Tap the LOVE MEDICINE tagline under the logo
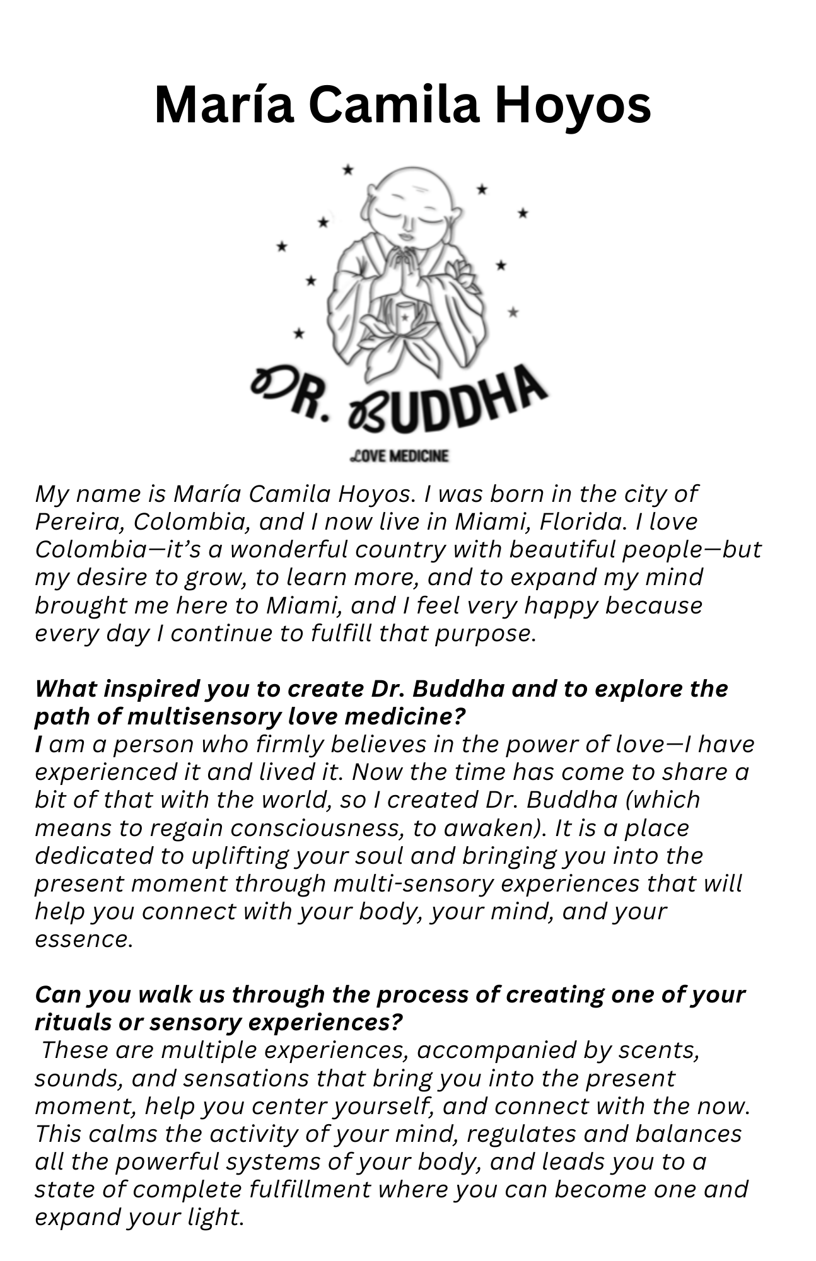click(x=399, y=455)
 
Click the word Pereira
click(x=76, y=522)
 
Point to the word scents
click(x=658, y=1050)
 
